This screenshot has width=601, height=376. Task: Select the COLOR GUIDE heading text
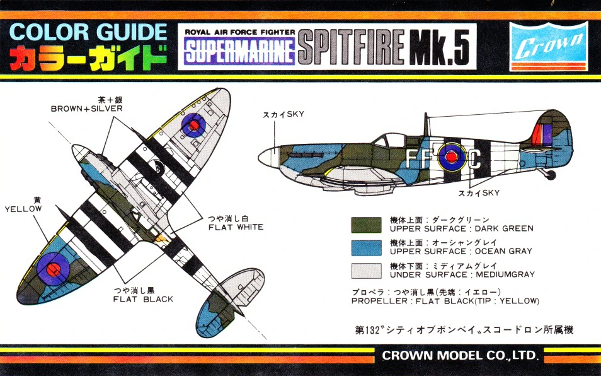pos(88,32)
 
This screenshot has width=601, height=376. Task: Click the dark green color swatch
pos(366,225)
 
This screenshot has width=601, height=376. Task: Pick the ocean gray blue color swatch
pos(366,247)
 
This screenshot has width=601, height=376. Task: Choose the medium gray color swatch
pos(366,270)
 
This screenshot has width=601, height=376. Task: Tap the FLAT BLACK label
pos(143,299)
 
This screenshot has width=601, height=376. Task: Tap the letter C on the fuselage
pos(476,160)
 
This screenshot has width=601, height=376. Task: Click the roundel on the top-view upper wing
pos(193,126)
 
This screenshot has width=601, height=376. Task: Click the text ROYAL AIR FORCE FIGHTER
pos(239,32)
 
